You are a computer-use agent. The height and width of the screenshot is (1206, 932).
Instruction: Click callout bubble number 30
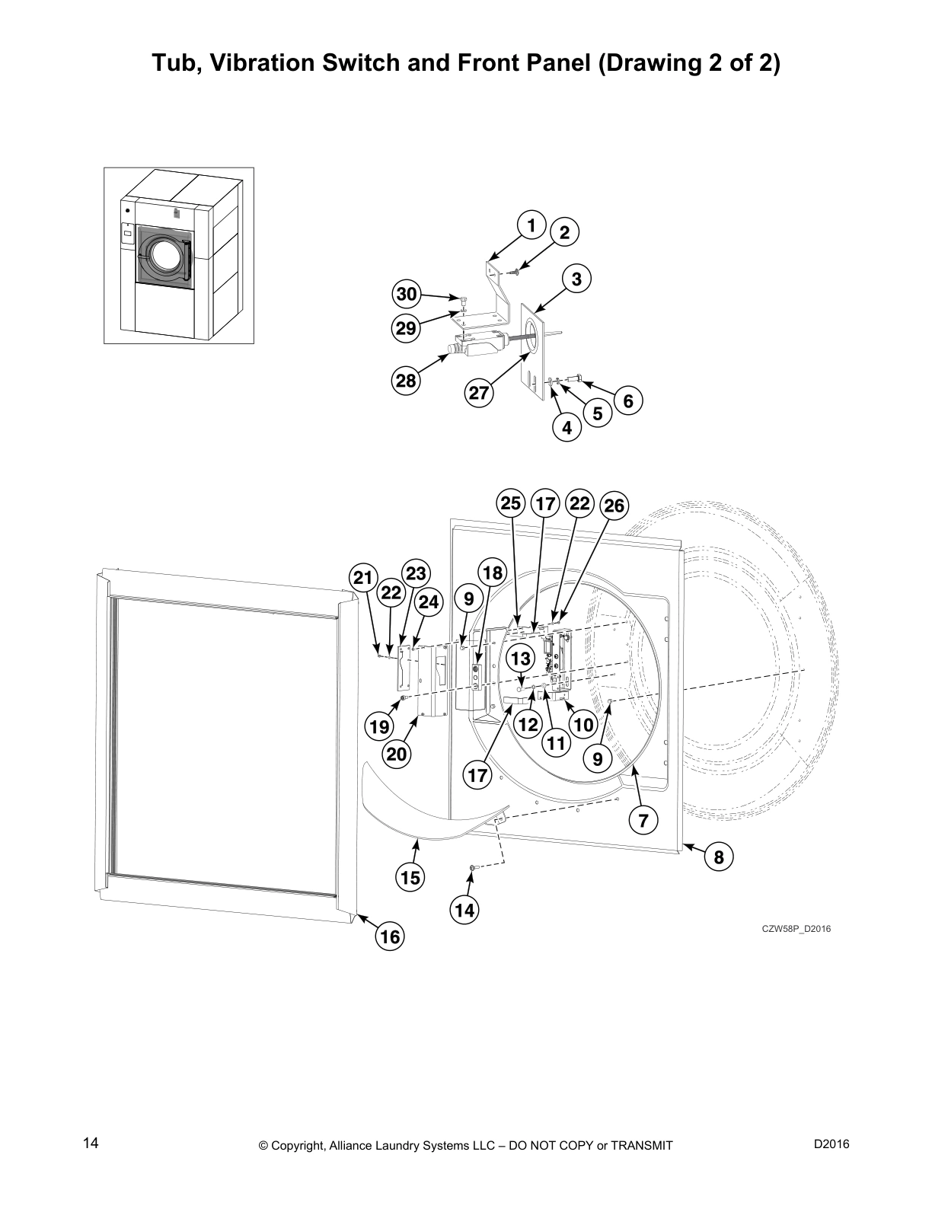407,295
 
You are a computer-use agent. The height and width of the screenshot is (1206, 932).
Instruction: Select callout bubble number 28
407,380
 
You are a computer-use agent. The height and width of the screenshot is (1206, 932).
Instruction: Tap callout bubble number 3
576,279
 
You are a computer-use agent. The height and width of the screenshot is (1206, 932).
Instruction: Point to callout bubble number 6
628,400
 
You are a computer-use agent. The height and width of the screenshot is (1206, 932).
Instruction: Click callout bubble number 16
390,936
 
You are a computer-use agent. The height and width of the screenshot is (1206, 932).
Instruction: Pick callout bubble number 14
464,910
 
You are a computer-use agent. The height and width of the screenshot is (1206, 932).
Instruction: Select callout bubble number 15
410,878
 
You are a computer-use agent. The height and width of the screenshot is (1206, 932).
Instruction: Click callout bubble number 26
614,506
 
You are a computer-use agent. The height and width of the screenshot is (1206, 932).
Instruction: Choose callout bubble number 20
397,754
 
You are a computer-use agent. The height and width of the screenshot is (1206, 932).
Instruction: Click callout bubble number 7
643,820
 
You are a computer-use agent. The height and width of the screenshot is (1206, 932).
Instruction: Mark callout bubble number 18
493,573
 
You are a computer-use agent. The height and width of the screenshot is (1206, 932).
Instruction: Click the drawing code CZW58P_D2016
796,928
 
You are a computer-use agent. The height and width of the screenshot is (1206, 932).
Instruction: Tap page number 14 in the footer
91,1143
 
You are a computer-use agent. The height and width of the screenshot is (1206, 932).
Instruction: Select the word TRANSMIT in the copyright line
638,1146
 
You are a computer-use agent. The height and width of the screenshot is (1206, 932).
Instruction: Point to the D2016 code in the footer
831,1143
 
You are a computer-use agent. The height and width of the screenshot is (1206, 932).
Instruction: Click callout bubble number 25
511,503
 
